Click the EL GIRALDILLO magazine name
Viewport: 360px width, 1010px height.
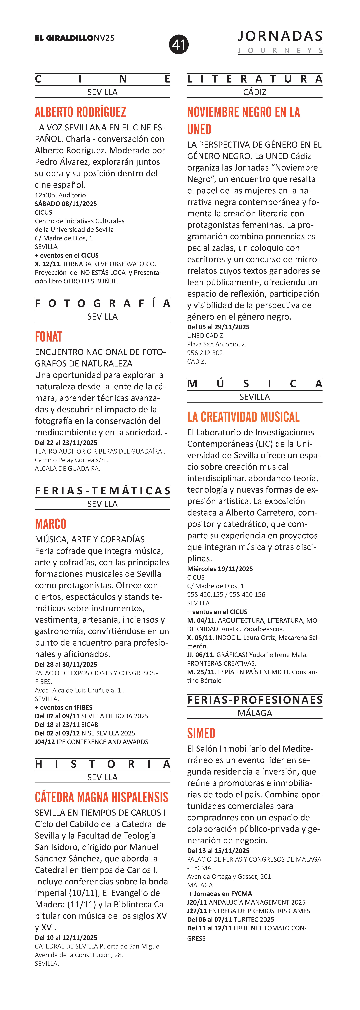click(64, 38)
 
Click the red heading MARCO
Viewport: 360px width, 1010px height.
click(50, 524)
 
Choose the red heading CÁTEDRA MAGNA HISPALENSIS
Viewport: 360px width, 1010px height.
click(101, 797)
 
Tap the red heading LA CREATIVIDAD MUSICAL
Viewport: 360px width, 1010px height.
click(243, 417)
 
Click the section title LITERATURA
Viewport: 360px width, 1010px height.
click(255, 79)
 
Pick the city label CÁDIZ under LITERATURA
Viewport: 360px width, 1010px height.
click(255, 92)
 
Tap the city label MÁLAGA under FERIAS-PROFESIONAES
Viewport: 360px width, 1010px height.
click(255, 713)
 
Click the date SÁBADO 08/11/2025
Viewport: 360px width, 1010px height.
click(66, 204)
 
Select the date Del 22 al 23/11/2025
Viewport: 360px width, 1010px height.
click(66, 443)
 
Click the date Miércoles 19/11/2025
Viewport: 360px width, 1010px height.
click(220, 569)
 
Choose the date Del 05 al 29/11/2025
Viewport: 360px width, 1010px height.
click(218, 327)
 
